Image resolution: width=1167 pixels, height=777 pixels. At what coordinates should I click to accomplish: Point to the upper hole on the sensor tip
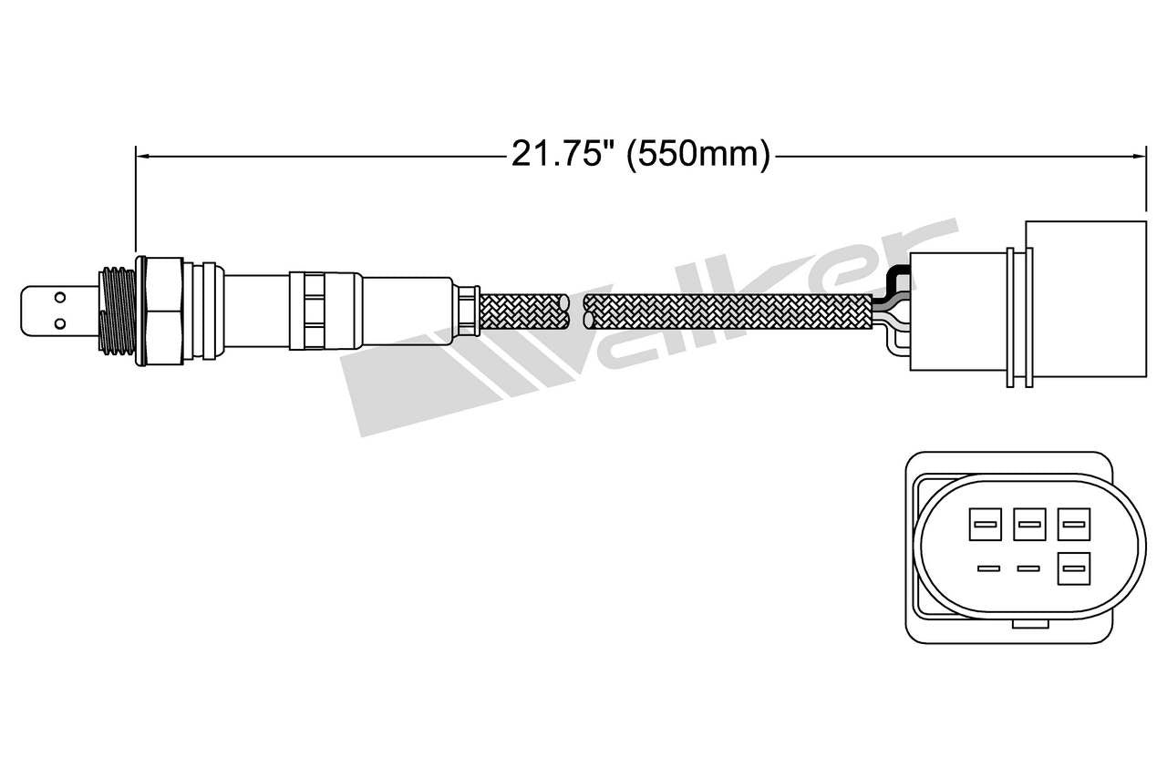tap(59, 297)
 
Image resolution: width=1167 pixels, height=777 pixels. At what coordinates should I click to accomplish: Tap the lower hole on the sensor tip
tap(59, 322)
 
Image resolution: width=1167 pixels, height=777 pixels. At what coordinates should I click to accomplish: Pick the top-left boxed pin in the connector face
tap(984, 524)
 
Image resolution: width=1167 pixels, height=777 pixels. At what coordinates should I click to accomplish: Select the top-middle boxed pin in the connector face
tap(1028, 524)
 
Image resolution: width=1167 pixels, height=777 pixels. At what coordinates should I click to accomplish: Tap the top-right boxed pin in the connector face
tap(1073, 524)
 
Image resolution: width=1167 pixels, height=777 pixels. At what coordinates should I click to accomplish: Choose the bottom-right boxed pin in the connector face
tap(1073, 569)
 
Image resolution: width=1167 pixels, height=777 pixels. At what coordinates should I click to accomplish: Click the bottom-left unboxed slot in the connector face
tap(984, 569)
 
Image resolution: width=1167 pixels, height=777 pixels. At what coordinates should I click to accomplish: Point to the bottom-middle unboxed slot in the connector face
tap(1028, 569)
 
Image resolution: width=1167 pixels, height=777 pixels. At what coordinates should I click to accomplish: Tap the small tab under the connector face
tap(1028, 624)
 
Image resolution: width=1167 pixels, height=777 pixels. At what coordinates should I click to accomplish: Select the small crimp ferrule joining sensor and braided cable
tap(468, 309)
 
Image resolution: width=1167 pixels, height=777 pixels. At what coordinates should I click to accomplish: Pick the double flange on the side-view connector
tap(1016, 315)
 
